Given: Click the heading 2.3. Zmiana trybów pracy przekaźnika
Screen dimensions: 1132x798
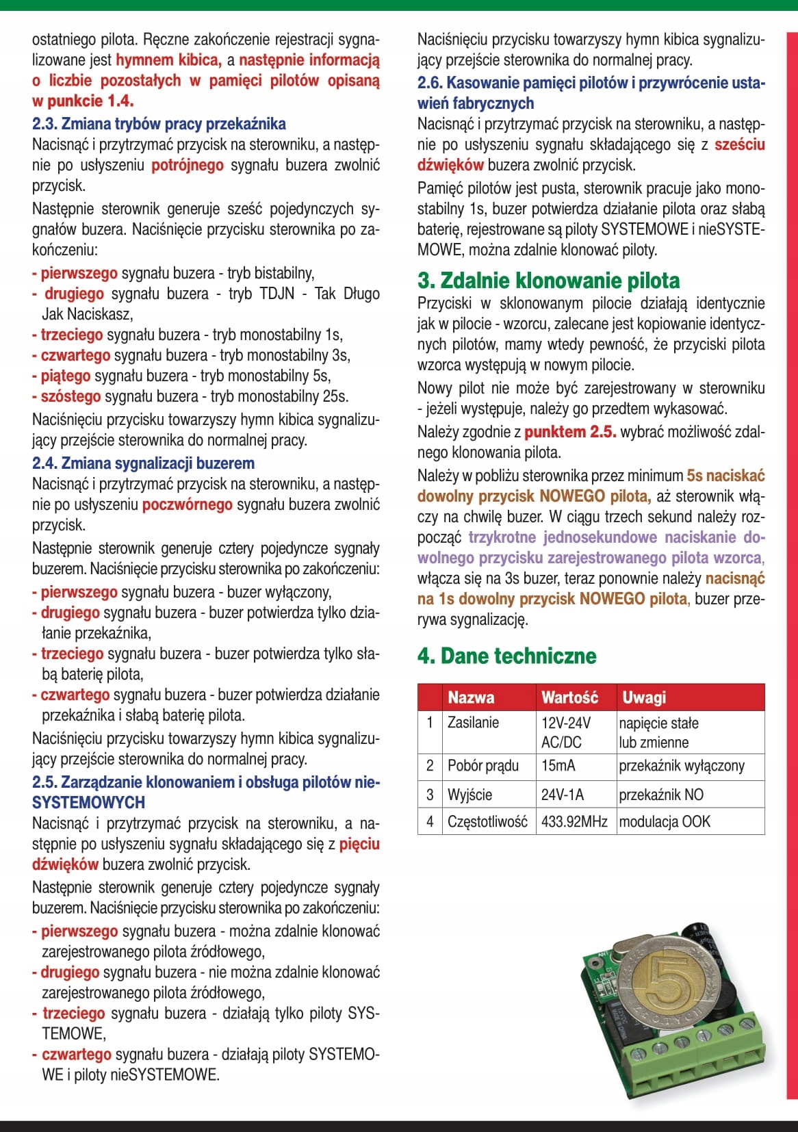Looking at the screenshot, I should [x=159, y=124].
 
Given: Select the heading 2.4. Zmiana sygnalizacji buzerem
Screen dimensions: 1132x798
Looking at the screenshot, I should [x=143, y=463].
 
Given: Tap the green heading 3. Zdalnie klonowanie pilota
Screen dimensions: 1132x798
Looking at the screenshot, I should [x=548, y=281].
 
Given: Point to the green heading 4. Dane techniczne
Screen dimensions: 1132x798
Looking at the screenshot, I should [x=506, y=656].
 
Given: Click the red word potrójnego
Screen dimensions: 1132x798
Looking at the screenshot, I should [x=188, y=166].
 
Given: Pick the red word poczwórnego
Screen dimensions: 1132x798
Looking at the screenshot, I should [x=188, y=505].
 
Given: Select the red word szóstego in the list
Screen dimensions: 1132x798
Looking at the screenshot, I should [x=70, y=396].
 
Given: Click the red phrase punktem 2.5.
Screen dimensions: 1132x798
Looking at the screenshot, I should [x=570, y=433].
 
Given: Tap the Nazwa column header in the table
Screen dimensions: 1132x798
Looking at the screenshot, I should [x=471, y=697].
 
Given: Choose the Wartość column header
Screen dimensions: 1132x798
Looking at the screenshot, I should [x=569, y=697].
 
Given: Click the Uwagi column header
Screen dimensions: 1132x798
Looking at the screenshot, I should [x=644, y=697].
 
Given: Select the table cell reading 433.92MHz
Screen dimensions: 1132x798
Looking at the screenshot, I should [x=574, y=821].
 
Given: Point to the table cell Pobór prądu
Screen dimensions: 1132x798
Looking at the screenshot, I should [x=482, y=766].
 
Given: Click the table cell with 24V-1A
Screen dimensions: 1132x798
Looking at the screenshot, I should [x=563, y=795].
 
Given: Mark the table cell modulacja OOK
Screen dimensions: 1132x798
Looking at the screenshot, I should [x=665, y=821].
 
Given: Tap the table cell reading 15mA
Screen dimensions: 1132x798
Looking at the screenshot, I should [x=558, y=766].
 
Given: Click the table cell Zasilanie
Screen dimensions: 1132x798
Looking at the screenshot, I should [x=473, y=723].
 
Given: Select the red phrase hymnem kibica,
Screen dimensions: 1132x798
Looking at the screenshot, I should [x=168, y=60].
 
